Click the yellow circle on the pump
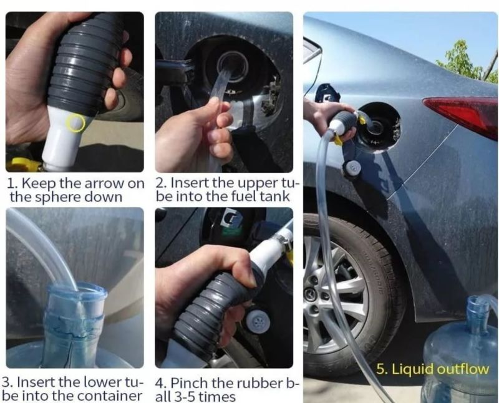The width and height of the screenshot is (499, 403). coord(75,123)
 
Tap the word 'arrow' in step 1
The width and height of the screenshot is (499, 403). coord(101,183)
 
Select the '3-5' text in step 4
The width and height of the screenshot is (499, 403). coord(183,397)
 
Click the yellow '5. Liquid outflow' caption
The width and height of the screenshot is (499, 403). coord(432,369)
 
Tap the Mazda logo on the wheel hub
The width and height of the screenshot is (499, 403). coord(309,292)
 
